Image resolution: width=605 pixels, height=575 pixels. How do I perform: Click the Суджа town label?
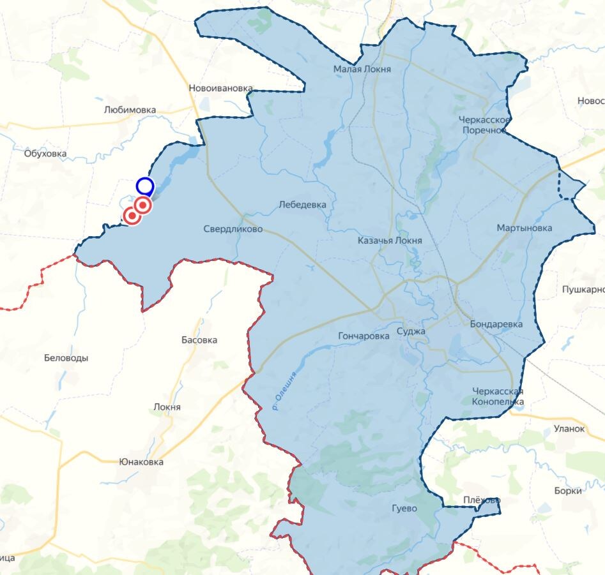point(411,331)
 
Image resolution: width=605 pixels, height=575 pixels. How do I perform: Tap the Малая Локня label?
point(362,70)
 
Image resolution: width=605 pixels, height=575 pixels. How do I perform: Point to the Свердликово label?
point(233,229)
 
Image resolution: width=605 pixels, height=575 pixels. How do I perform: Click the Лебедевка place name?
point(302,205)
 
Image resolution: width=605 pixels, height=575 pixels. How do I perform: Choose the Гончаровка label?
point(364,336)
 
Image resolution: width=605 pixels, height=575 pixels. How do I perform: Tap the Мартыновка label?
point(525,228)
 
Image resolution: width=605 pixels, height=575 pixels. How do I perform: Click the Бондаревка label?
point(496,324)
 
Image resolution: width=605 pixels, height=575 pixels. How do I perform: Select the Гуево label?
point(404,509)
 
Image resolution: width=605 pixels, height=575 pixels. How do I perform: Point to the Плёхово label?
point(482,500)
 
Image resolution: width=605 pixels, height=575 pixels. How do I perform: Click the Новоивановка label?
point(221,89)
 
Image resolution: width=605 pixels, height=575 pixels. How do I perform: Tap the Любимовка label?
point(130,110)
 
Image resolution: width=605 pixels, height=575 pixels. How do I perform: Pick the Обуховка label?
point(45,153)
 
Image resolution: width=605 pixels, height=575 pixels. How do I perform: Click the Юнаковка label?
point(141,462)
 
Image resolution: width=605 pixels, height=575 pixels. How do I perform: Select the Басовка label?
point(199,340)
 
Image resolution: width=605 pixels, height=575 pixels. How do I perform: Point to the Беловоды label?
point(66,358)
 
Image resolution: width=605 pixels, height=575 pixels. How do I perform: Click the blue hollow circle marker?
point(145,186)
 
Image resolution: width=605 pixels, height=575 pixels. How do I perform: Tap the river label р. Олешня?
point(285,390)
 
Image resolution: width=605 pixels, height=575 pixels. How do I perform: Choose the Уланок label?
point(569,429)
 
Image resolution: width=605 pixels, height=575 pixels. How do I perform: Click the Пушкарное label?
point(583,290)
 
